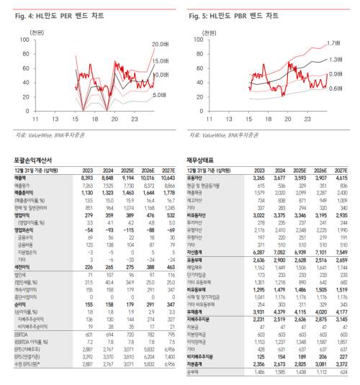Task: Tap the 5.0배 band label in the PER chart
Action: coord(160,94)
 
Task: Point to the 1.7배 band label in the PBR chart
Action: coord(334,43)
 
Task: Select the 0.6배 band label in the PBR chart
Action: coord(334,89)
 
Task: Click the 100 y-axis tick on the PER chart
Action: coord(23,40)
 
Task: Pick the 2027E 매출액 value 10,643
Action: coord(165,178)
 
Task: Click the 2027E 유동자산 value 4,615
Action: coord(341,178)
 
